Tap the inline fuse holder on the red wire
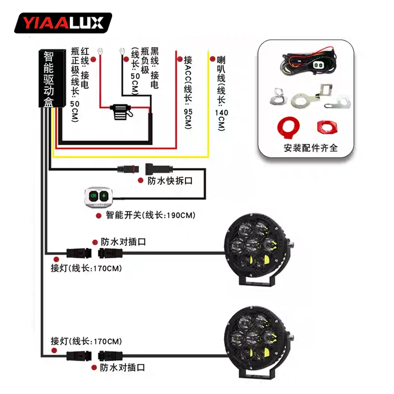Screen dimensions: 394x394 (121, 111)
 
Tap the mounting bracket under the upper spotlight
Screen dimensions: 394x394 (258, 282)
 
